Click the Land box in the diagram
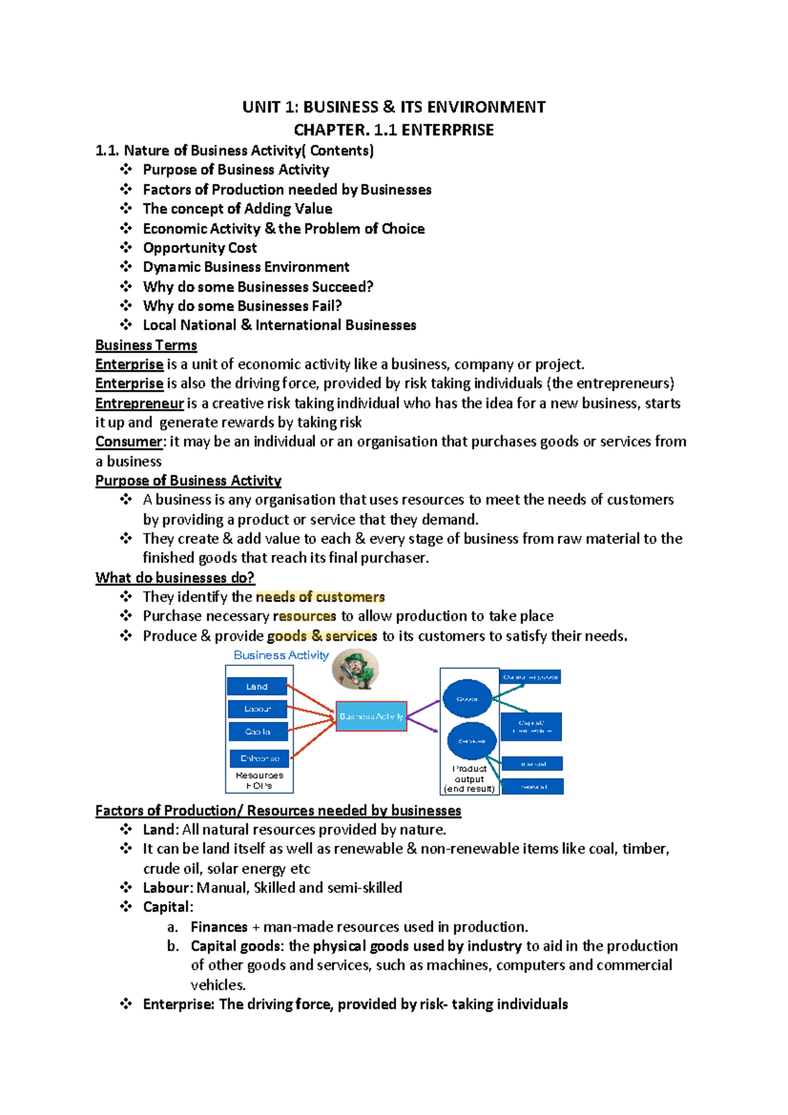(257, 686)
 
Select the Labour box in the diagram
(257, 709)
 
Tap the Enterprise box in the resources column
(259, 758)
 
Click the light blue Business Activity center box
(371, 716)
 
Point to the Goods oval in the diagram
(467, 699)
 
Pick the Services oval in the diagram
(471, 741)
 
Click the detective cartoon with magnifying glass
(355, 669)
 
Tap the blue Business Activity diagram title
(281, 655)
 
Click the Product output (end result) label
(469, 779)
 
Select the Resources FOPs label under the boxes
(259, 780)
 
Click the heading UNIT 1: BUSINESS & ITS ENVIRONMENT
(393, 107)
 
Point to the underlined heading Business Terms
(146, 345)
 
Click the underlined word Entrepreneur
(139, 403)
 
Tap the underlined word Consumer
(128, 442)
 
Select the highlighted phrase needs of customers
(320, 597)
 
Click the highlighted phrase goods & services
(322, 636)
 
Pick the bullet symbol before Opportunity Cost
(126, 248)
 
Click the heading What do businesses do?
(175, 578)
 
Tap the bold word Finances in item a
(219, 927)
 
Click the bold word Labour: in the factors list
(168, 888)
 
